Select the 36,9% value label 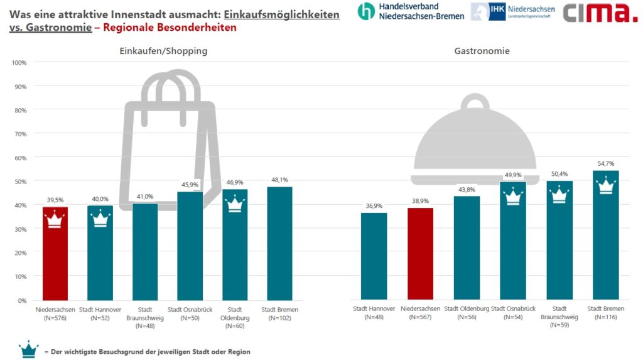tap(374, 205)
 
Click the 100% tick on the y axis tap(18, 63)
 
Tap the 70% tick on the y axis tap(19, 134)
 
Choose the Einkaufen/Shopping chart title tap(163, 51)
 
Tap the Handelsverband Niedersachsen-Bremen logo tap(411, 11)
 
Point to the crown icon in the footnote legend tap(29, 349)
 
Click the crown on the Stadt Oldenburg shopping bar tap(235, 204)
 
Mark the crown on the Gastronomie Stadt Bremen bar tap(605, 186)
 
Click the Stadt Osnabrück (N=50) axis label tap(190, 314)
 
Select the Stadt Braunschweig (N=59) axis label tap(559, 317)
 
